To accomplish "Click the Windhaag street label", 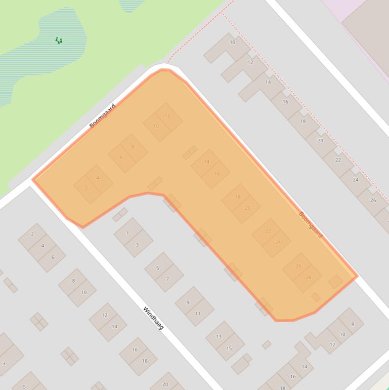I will tap(153, 318).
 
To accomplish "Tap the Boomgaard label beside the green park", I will tap(102, 116).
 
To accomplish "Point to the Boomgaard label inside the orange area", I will tap(310, 224).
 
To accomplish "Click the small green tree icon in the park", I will tap(59, 40).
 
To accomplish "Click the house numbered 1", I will tap(127, 232).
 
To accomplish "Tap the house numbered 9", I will tap(188, 302).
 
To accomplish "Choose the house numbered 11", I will tap(198, 314).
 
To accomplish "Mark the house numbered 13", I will tap(219, 336).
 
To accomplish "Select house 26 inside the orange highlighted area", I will tap(298, 266).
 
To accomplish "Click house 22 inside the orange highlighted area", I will tap(267, 231).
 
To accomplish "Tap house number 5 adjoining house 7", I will tap(157, 267).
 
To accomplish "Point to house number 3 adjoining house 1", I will tap(138, 244).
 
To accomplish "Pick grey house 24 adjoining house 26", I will tap(355, 179).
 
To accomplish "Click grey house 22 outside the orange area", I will tap(337, 160).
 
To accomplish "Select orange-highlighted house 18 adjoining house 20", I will tap(237, 197).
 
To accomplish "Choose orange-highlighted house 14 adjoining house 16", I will tap(206, 162).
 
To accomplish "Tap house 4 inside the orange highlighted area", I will tap(98, 178).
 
